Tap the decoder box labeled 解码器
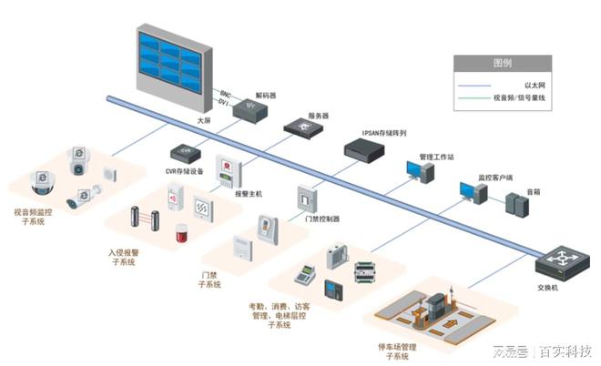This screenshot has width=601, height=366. point(247,110)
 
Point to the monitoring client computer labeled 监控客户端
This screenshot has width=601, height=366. point(473,191)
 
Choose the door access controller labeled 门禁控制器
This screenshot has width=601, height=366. point(305,198)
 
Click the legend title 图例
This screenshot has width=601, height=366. point(502,64)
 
